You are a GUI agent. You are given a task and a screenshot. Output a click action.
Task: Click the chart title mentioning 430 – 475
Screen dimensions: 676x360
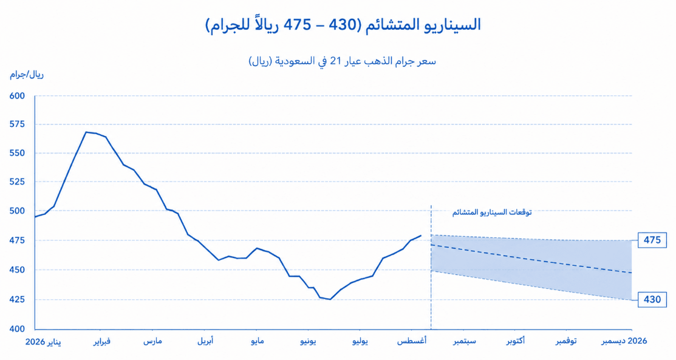[x=343, y=25]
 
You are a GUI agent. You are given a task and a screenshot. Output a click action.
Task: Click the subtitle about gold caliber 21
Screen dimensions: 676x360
[x=343, y=61]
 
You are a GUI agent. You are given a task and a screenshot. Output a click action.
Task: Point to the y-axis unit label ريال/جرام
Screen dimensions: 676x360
[x=27, y=75]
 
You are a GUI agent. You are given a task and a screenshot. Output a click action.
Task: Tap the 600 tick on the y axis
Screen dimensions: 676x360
[x=17, y=96]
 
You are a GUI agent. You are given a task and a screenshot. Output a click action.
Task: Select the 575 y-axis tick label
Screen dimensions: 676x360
[x=17, y=124]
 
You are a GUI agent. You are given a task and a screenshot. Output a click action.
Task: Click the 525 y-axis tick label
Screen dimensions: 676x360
[x=17, y=182]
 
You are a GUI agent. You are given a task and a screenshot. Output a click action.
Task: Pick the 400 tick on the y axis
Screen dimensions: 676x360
[x=17, y=328]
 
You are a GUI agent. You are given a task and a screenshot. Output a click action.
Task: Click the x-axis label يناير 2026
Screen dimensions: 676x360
[x=43, y=341]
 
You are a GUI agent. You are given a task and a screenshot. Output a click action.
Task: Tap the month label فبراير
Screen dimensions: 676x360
[x=102, y=341]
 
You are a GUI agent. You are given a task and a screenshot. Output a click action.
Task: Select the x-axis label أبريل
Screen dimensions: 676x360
[x=205, y=341]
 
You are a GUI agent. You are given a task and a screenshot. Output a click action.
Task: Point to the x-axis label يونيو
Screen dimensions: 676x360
[x=309, y=341]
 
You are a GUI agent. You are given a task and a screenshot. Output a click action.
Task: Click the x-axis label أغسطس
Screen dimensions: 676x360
[x=412, y=341]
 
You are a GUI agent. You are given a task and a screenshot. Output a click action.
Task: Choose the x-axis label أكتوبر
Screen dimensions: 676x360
[x=516, y=341]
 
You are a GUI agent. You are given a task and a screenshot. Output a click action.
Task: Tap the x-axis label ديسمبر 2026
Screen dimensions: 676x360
[x=624, y=341]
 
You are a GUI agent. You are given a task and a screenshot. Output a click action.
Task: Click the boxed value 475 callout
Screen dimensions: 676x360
[x=652, y=240]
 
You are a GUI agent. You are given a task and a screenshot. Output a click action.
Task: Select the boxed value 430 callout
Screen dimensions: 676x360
[x=652, y=299]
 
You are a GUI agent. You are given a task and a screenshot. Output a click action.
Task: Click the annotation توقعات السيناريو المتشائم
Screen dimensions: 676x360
[x=492, y=212]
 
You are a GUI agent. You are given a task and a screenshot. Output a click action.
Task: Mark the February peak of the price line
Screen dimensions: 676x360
[x=86, y=132]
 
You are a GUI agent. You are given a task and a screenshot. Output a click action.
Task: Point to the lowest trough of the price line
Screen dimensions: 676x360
[x=330, y=299]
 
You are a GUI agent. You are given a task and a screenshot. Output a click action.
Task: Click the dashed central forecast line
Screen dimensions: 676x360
[x=531, y=259]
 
